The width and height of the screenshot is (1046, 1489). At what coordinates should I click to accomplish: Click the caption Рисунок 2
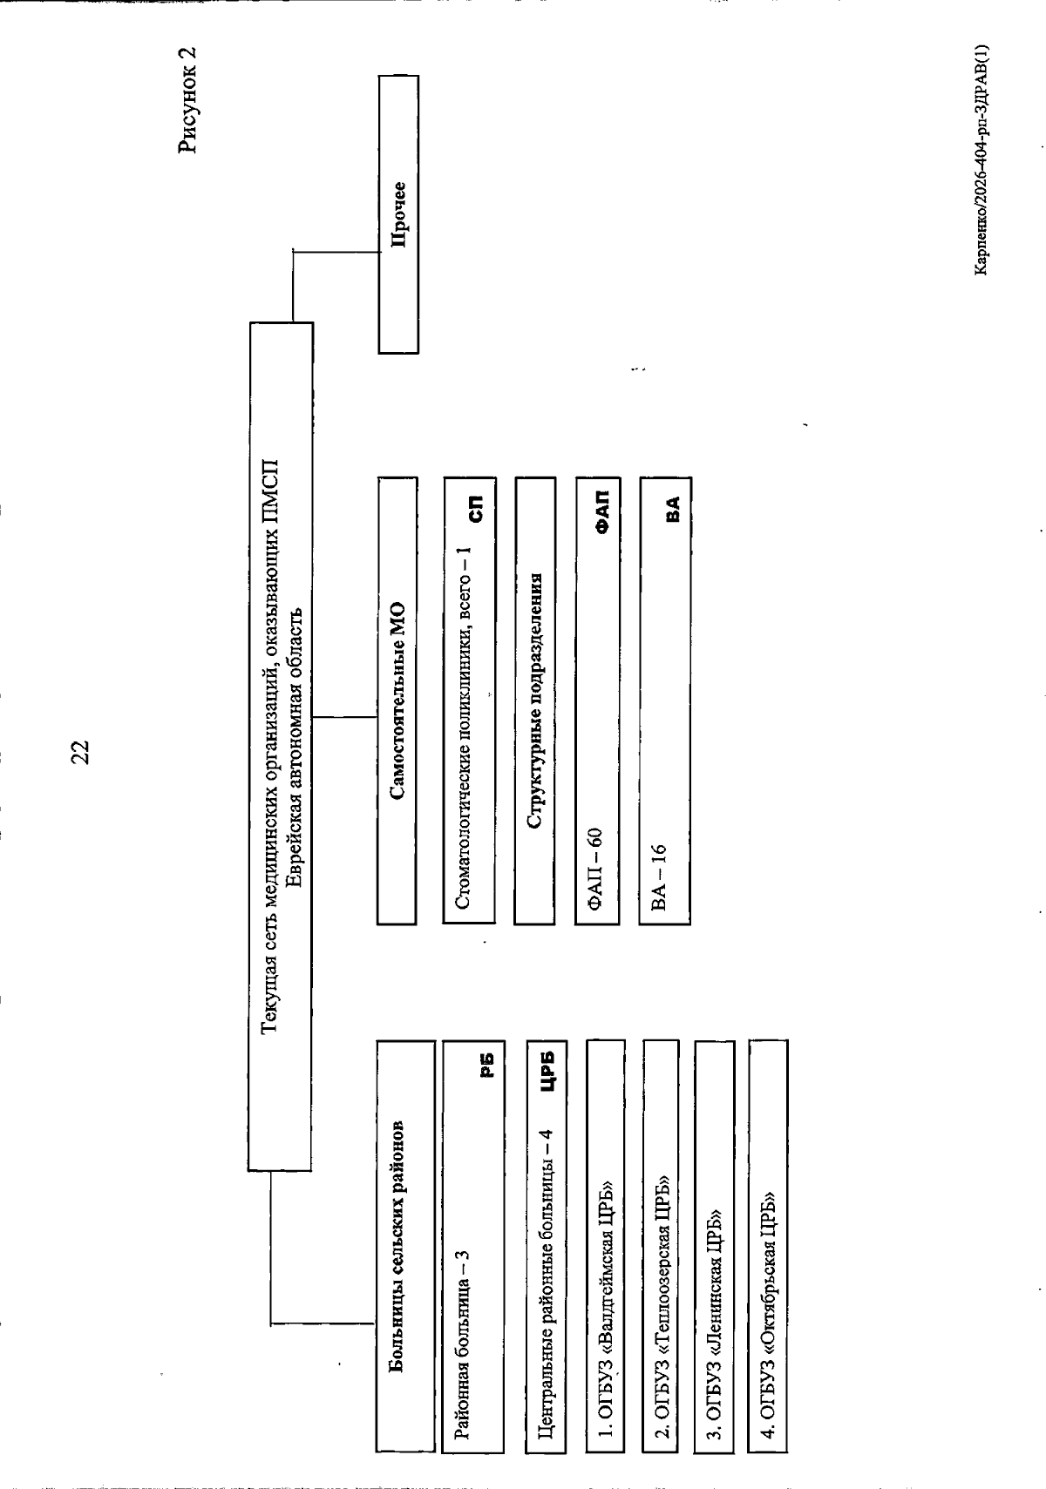click(x=187, y=99)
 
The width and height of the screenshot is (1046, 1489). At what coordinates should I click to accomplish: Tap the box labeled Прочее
click(x=398, y=214)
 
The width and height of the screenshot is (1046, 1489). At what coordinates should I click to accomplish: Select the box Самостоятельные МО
click(x=397, y=701)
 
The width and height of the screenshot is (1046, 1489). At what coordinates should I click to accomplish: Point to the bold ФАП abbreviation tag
click(x=601, y=512)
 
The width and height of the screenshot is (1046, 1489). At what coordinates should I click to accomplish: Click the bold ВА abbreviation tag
click(x=672, y=509)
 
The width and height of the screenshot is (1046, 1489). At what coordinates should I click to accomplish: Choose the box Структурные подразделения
click(x=534, y=701)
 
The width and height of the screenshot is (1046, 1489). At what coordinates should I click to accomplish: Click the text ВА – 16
click(x=658, y=877)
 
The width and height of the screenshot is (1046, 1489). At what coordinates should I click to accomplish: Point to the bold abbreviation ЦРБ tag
click(x=547, y=1070)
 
